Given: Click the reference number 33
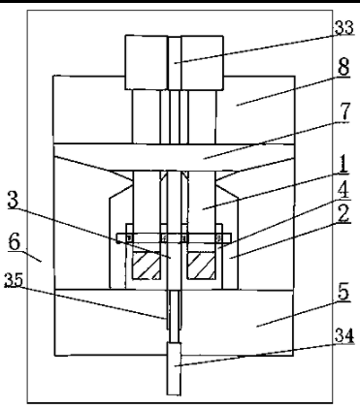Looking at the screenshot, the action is pos(344,28).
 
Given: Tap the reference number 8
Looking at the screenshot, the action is pos(344,67).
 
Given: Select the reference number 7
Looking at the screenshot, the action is pos(345,111).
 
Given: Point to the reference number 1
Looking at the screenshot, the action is pos(344,164).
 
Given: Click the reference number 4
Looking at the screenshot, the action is pos(344,190).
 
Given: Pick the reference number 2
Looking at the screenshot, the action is pos(344,213).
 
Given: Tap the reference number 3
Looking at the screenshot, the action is pos(13,200).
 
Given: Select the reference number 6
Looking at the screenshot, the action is pos(14,241).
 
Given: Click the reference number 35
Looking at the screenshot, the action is pos(14,280).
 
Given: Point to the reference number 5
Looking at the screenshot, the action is pos(344,292).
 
